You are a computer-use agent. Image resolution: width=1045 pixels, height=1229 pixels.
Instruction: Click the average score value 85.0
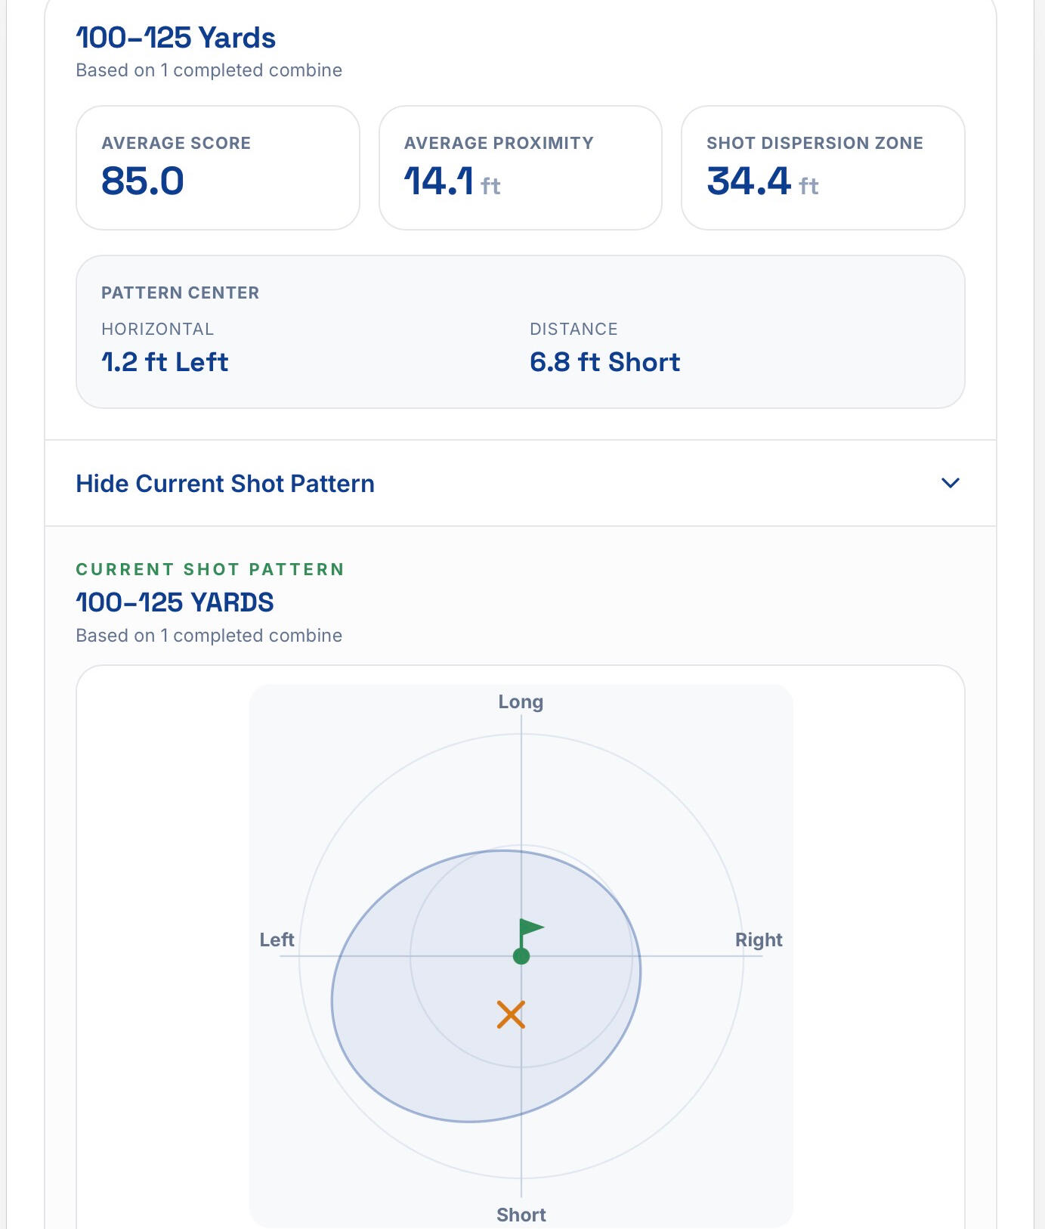[x=143, y=181]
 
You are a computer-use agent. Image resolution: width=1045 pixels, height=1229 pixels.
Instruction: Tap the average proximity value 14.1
[x=439, y=181]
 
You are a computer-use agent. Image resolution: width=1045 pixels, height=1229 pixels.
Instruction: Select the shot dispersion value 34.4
[x=749, y=181]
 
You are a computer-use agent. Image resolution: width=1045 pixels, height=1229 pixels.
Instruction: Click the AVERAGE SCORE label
[x=176, y=143]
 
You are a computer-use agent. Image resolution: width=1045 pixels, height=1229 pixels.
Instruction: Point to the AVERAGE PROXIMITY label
[x=499, y=143]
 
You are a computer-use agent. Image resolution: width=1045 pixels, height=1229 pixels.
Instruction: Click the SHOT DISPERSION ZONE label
[x=815, y=143]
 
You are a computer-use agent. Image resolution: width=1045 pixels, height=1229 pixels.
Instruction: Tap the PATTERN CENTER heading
[x=180, y=293]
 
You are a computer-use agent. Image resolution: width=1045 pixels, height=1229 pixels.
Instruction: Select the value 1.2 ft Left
[x=165, y=362]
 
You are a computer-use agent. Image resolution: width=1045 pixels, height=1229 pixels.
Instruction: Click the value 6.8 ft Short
[x=604, y=362]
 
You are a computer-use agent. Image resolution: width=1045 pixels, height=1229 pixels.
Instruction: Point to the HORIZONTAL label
[x=157, y=329]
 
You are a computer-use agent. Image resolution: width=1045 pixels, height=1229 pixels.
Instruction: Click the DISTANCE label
[x=574, y=329]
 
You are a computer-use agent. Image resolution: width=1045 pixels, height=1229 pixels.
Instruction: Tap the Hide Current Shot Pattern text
[x=225, y=484]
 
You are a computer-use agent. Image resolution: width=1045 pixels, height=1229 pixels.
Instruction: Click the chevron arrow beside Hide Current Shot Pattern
[x=951, y=483]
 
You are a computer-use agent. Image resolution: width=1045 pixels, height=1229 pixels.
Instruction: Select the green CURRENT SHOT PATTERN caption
[x=210, y=569]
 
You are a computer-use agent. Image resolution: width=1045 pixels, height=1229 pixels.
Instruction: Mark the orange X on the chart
[x=511, y=1015]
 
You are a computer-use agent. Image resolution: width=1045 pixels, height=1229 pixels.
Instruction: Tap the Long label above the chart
[x=521, y=701]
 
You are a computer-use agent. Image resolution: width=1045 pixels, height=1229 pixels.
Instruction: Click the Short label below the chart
[x=521, y=1215]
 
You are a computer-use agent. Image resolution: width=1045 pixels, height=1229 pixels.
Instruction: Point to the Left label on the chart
[x=277, y=940]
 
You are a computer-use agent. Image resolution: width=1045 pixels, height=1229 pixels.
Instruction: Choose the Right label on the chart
[x=759, y=940]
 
